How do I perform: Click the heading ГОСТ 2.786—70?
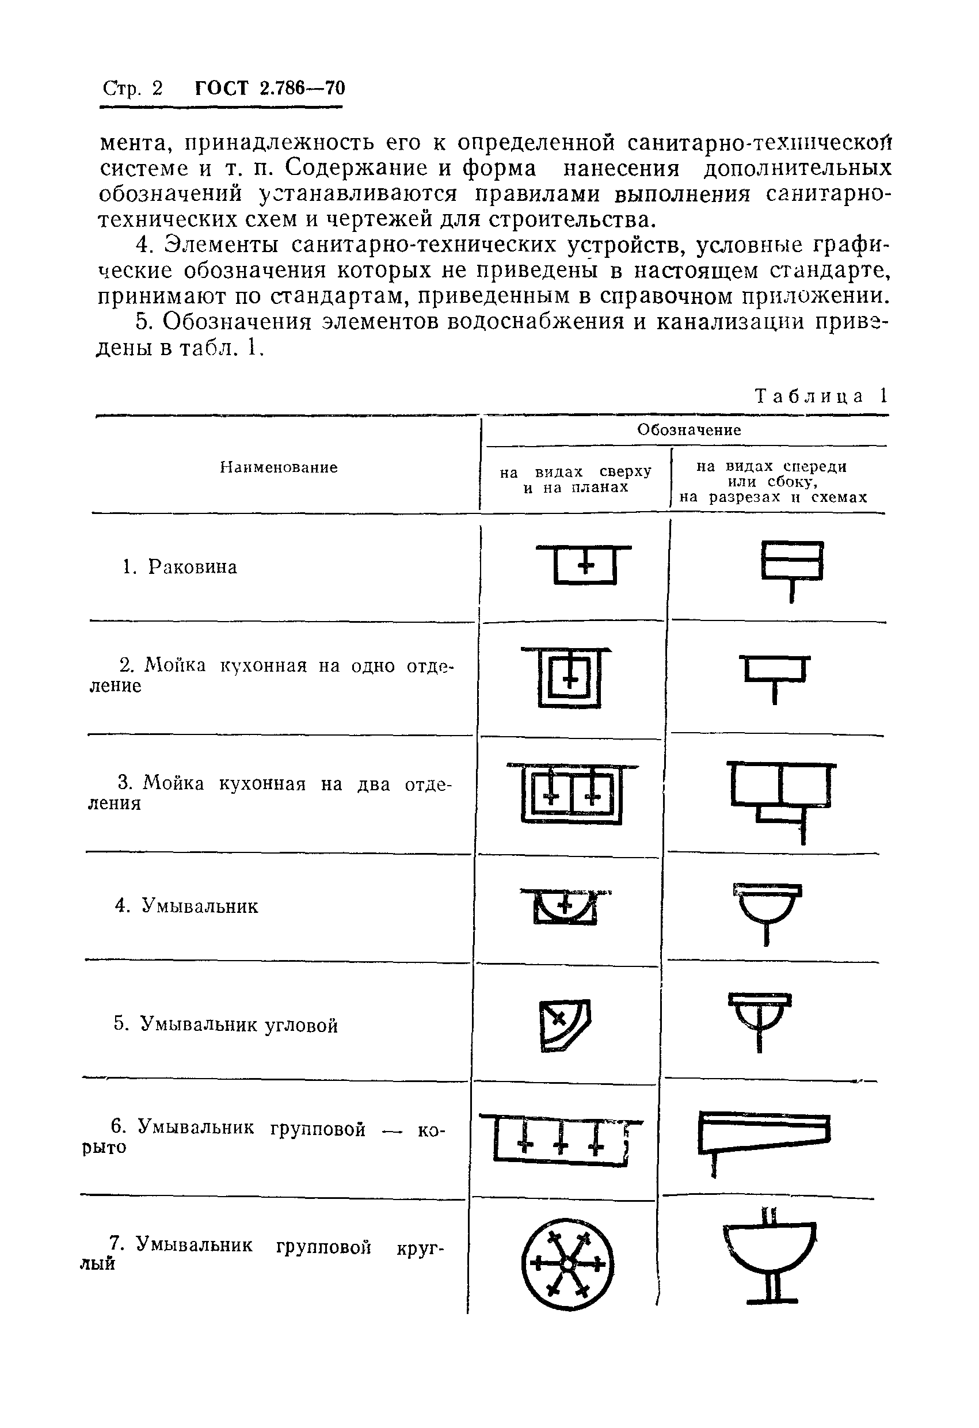coord(270,88)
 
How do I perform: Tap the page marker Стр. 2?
coord(133,89)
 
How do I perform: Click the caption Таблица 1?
coord(821,396)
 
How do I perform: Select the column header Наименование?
coord(279,467)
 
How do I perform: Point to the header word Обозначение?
coord(689,429)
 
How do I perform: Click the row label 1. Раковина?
coord(180,566)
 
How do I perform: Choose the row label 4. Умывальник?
coord(187,906)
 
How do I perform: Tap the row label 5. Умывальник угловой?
coord(226,1025)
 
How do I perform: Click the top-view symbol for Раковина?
coord(584,563)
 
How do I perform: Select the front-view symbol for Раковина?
coord(792,570)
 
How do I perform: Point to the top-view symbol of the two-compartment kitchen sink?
coord(572,794)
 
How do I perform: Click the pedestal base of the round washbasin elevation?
coord(771,1300)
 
